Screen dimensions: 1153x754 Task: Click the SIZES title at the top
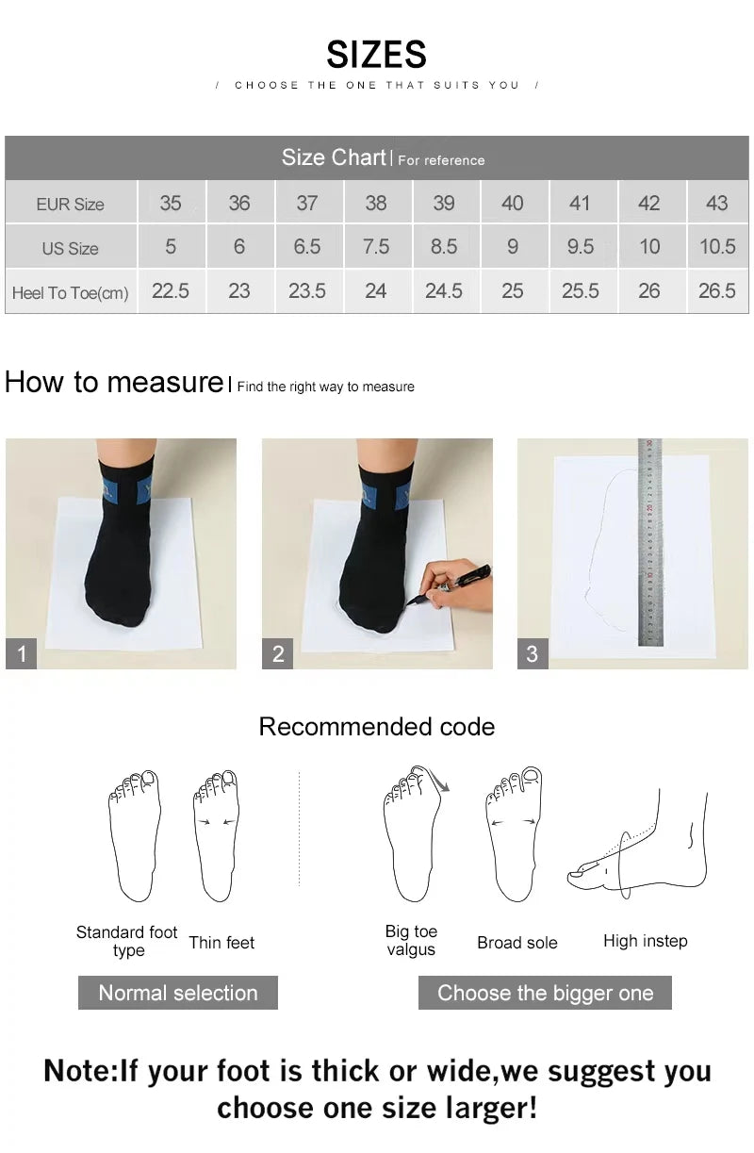click(x=376, y=55)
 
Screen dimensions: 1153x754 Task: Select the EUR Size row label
click(x=71, y=204)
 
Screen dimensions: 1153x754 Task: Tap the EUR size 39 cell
click(x=444, y=203)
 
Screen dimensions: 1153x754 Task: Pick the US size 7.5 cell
click(x=375, y=247)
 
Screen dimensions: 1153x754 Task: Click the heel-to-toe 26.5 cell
click(x=716, y=291)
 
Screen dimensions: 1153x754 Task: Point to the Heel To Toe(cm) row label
click(x=71, y=293)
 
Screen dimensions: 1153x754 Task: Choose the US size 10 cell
click(x=648, y=247)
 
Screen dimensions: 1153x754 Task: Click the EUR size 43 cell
click(x=716, y=203)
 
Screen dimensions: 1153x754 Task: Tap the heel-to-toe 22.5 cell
click(x=171, y=291)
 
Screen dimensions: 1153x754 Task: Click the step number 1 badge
click(x=22, y=653)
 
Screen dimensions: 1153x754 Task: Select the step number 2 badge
click(x=278, y=653)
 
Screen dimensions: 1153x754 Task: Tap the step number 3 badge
click(x=533, y=653)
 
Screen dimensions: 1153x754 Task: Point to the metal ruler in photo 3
click(x=649, y=542)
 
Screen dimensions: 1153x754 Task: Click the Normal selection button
click(x=178, y=993)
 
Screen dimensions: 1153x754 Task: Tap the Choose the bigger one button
click(x=545, y=993)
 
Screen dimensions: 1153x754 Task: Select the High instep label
click(x=645, y=941)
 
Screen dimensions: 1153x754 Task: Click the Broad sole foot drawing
click(x=514, y=834)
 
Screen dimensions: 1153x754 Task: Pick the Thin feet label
click(x=221, y=943)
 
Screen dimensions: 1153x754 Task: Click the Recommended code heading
click(x=376, y=727)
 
